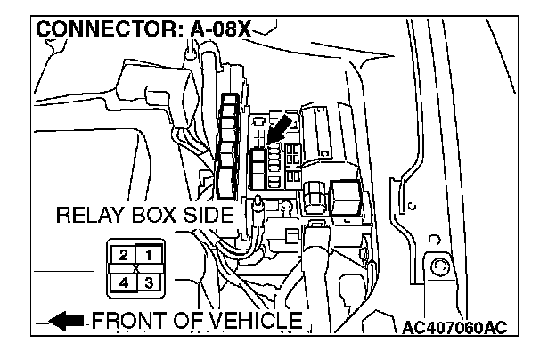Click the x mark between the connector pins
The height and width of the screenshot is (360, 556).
pyautogui.click(x=135, y=268)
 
